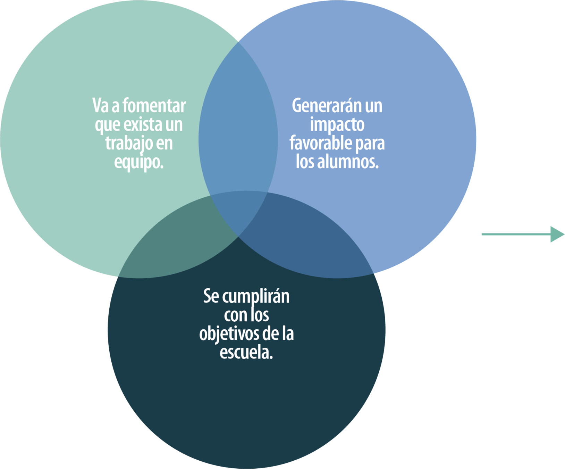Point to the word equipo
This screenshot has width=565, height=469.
[138, 162]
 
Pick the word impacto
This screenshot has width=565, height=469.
[337, 124]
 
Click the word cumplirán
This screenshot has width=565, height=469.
[256, 297]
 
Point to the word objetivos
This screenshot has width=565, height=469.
[229, 334]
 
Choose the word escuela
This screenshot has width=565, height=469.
[246, 352]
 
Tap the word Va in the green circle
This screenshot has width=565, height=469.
[100, 106]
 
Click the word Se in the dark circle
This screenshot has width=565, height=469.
[211, 296]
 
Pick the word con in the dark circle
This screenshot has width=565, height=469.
[235, 315]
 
